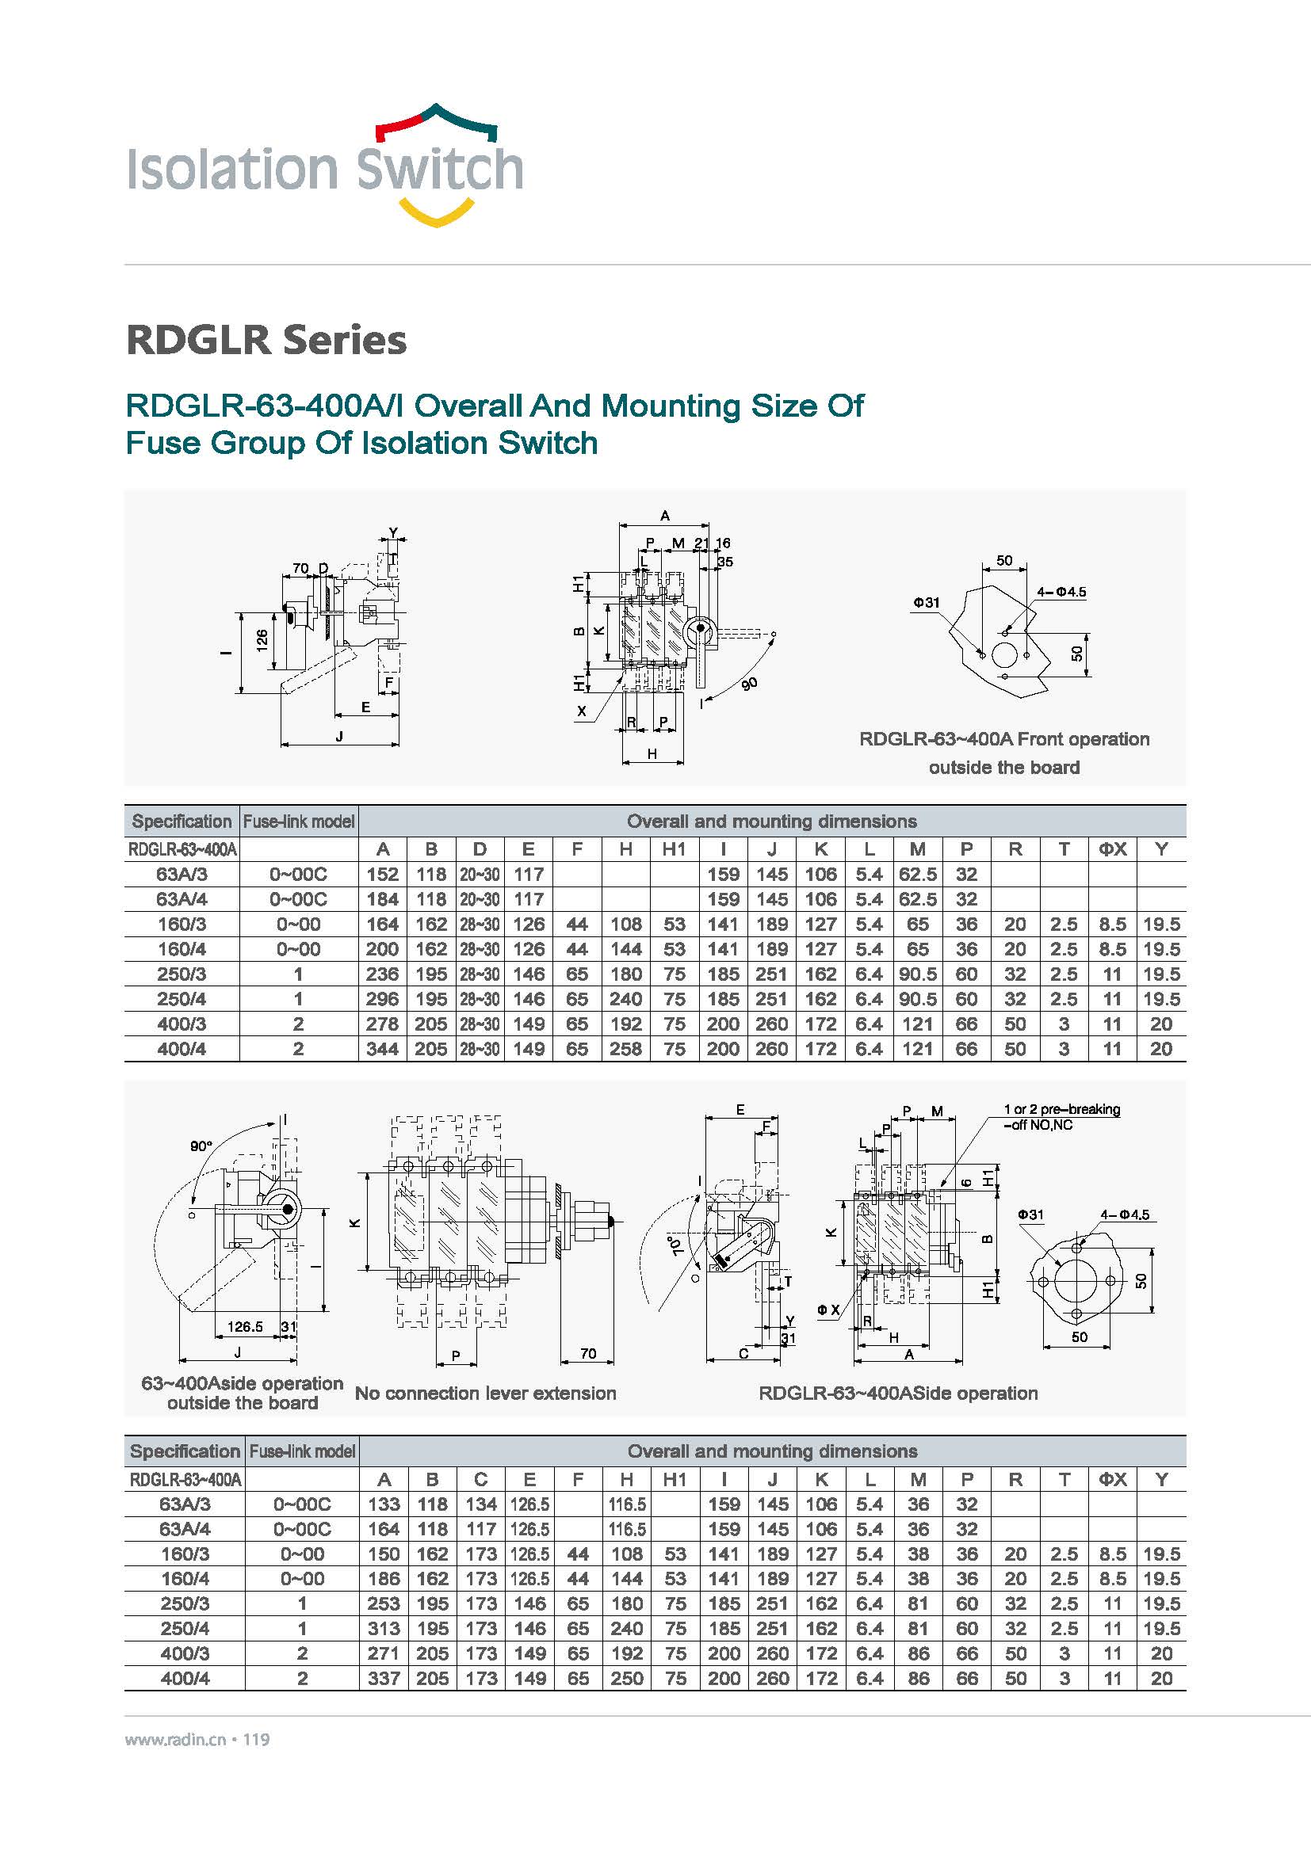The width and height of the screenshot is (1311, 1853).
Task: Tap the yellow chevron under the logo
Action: [437, 215]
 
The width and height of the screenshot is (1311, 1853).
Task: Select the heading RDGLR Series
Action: [266, 340]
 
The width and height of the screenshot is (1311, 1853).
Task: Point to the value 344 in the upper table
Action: [382, 1049]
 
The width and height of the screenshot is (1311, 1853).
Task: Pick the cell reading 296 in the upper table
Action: [382, 999]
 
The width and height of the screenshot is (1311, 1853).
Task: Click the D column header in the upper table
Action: [480, 849]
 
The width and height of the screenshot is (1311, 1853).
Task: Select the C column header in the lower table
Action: [481, 1479]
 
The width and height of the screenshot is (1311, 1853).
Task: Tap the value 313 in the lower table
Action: [384, 1629]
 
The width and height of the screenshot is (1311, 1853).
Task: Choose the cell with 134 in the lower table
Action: [481, 1504]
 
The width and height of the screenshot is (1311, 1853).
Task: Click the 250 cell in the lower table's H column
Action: [626, 1679]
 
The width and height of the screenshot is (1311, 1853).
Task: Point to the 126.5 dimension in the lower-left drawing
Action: [245, 1327]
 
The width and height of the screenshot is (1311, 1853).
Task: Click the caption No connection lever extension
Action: [485, 1393]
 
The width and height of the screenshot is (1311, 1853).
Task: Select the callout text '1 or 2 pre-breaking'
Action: [1061, 1110]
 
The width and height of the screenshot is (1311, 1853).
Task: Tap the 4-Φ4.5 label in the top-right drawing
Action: [1061, 592]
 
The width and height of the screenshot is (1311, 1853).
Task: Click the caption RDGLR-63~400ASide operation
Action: [898, 1393]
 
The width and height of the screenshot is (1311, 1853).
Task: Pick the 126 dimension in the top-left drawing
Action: [262, 640]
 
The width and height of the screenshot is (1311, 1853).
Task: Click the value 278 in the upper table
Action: [382, 1024]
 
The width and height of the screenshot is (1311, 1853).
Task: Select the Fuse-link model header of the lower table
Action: [302, 1451]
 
